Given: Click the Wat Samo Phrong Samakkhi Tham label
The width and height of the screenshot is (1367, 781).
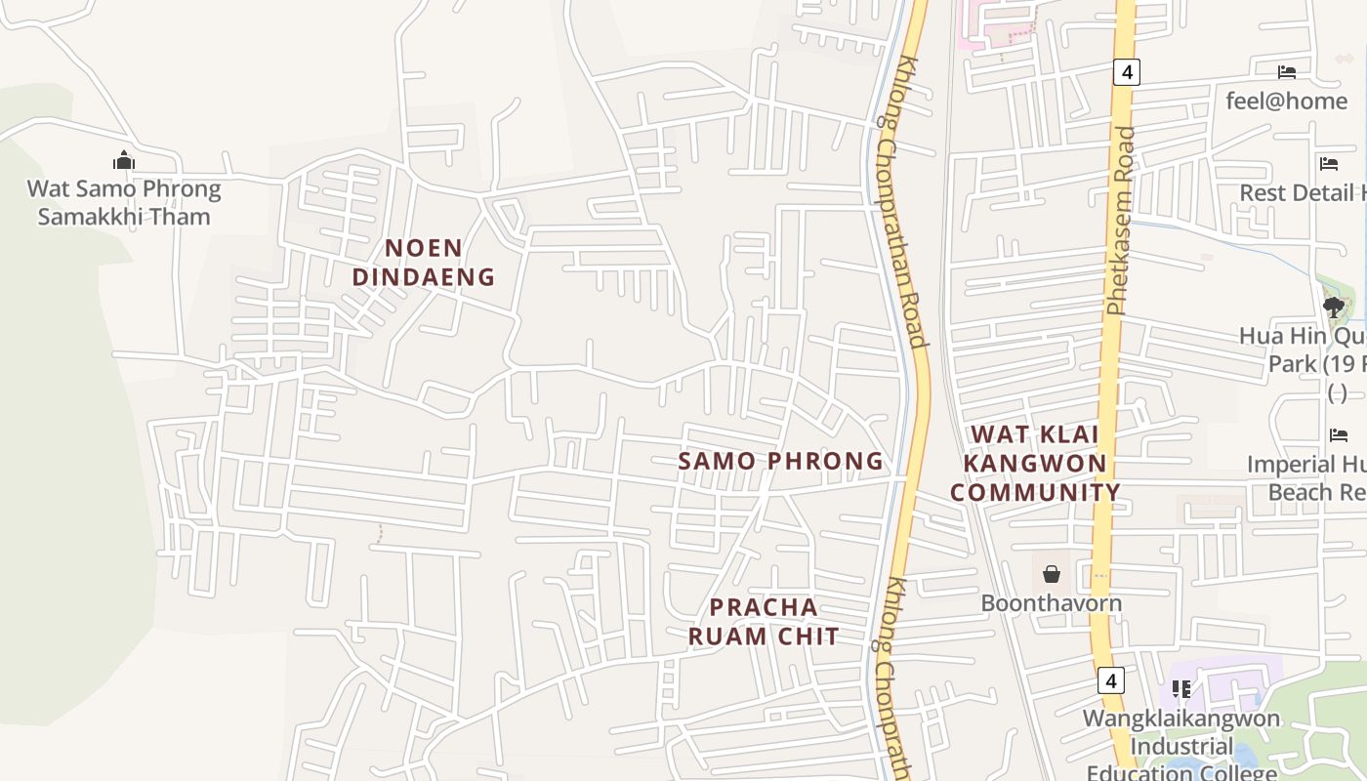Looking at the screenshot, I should click(124, 203).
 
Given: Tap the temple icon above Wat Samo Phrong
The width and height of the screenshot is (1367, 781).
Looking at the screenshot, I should click(124, 160).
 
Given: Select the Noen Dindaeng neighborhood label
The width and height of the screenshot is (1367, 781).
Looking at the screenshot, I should click(424, 263).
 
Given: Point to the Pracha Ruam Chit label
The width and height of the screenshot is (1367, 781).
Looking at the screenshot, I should click(764, 622).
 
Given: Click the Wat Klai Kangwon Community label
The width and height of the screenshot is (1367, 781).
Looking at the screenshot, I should click(1035, 463).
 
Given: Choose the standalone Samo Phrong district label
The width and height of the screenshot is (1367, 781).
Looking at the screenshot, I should click(780, 461).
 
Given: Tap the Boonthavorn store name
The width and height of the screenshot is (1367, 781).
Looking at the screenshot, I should click(1051, 603).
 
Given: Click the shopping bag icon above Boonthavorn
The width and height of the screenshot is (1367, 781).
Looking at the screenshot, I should click(1052, 574).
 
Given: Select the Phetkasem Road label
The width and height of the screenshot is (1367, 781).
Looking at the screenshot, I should click(1122, 220).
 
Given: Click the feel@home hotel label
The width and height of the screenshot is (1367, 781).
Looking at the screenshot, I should click(1286, 101).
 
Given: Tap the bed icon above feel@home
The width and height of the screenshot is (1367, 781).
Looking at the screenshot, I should click(1287, 72).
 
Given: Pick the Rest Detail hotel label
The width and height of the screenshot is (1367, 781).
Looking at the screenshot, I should click(1303, 192).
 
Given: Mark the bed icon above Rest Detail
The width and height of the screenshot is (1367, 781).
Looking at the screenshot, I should click(1328, 163).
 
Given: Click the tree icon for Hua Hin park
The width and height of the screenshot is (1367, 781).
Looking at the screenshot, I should click(1333, 308).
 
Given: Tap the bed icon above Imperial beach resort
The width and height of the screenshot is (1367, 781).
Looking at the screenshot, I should click(1338, 435).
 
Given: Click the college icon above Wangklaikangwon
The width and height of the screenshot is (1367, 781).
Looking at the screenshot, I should click(1181, 689).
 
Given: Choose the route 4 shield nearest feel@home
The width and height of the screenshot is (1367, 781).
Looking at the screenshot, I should click(1126, 72).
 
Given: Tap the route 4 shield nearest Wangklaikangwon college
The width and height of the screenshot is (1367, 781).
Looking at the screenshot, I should click(1110, 680).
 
